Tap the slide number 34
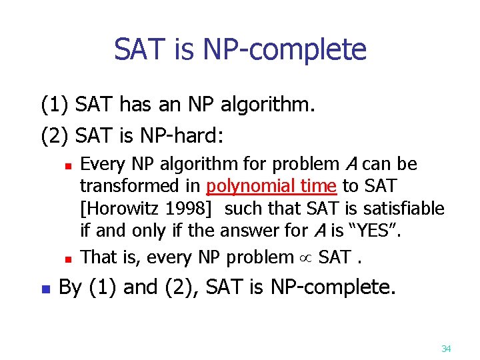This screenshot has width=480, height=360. tap(447, 349)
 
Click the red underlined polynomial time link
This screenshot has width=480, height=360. tap(273, 186)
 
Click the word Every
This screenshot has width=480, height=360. tap(101, 164)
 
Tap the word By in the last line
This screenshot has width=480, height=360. tap(71, 287)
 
